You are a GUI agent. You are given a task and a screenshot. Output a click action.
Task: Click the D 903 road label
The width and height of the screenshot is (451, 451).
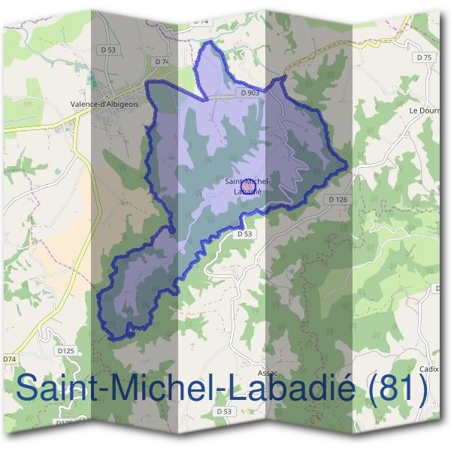[x=251, y=92]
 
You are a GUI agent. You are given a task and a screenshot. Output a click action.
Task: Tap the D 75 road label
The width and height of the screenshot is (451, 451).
[x=425, y=57]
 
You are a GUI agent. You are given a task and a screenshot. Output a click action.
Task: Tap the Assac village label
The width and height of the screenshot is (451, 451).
[x=267, y=372]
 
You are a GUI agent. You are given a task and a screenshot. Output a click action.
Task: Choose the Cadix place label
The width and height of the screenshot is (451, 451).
[x=428, y=369]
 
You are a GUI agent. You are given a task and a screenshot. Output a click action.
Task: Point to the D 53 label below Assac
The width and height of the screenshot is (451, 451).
[x=224, y=411]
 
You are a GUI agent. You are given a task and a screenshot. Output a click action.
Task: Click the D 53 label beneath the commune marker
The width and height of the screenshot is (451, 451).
[x=245, y=234]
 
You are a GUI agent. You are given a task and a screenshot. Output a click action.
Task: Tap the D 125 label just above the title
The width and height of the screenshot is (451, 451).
[x=65, y=350]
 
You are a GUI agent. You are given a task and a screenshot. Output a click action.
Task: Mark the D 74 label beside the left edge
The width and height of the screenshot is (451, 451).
[x=9, y=360]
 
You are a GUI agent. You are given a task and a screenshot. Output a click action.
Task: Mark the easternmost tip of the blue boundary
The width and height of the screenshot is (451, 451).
[x=348, y=165]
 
